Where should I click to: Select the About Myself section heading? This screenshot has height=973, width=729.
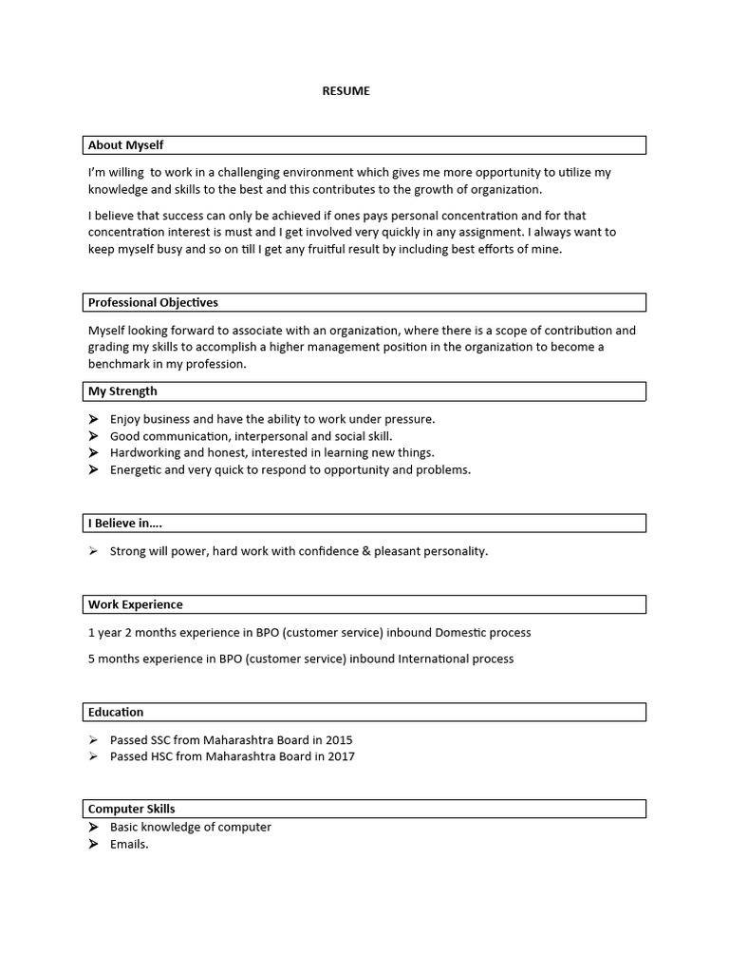pyautogui.click(x=125, y=145)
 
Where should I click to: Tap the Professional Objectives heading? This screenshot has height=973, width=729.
pyautogui.click(x=153, y=303)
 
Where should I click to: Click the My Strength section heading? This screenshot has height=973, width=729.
pyautogui.click(x=122, y=391)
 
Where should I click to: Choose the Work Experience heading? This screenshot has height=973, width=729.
pyautogui.click(x=135, y=604)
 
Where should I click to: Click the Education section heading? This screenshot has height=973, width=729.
pyautogui.click(x=116, y=712)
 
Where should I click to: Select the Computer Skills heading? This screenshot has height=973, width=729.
pyautogui.click(x=131, y=809)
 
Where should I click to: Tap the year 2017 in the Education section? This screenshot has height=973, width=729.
pyautogui.click(x=341, y=757)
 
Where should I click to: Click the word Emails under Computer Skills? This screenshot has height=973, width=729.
pyautogui.click(x=129, y=845)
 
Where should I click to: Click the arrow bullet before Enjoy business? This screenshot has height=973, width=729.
pyautogui.click(x=93, y=419)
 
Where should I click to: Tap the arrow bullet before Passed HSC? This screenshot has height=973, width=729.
pyautogui.click(x=93, y=757)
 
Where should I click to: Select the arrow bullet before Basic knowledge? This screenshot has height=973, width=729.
pyautogui.click(x=93, y=828)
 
